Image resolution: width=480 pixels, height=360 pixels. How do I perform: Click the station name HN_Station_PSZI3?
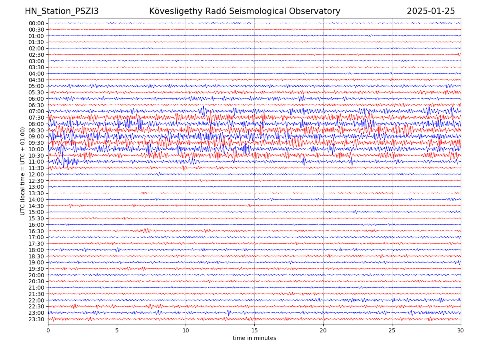point(62,12)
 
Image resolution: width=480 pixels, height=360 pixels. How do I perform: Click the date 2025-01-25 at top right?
point(431,12)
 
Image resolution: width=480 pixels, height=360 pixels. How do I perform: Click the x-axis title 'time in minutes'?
point(254,338)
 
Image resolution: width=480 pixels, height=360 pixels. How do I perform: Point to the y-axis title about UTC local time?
point(23,171)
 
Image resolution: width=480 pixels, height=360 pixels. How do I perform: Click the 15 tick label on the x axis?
point(254,331)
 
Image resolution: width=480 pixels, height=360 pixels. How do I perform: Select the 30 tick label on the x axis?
point(461,331)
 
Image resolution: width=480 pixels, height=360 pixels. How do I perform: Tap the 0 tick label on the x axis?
point(48,331)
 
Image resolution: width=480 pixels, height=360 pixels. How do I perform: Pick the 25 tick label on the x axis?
point(392,331)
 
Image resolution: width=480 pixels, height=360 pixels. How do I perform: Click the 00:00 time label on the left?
point(36,23)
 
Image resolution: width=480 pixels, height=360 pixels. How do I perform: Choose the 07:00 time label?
point(36,112)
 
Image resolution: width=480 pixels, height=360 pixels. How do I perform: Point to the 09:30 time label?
point(36,143)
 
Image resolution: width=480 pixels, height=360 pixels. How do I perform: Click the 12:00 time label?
point(36,174)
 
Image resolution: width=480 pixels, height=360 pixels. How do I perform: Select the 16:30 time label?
point(36,231)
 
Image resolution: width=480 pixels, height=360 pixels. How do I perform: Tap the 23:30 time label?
point(36,319)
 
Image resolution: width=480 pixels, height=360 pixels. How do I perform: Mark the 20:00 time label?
point(36,275)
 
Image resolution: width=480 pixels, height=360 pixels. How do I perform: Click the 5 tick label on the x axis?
point(117,331)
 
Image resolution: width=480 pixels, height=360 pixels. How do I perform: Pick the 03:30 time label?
point(36,67)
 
